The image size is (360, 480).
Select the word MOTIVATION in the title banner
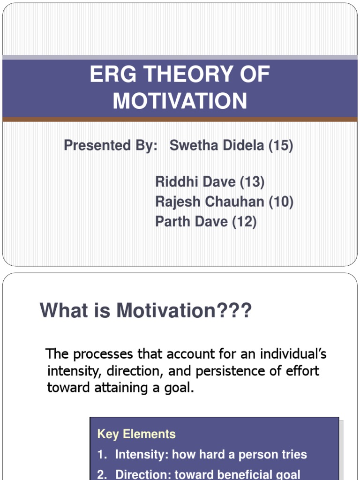[x=180, y=101]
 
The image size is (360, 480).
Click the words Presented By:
[x=111, y=146]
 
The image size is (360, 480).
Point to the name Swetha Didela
[x=217, y=146]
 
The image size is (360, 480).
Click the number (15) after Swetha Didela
[x=281, y=146]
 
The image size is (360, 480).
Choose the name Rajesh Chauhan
[x=210, y=202]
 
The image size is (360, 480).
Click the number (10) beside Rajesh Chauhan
[x=281, y=202]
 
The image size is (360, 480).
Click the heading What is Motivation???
[x=146, y=310]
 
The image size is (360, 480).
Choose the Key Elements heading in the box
[x=136, y=434]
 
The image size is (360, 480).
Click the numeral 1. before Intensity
[x=102, y=454]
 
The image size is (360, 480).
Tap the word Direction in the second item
[x=143, y=474]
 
